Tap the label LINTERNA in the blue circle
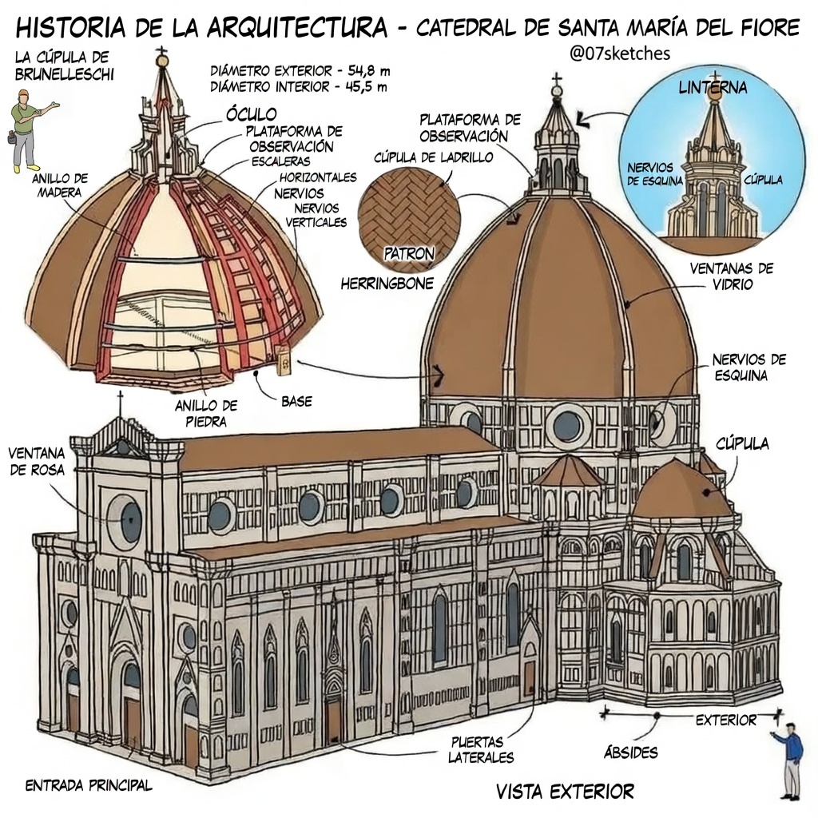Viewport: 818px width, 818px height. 713,88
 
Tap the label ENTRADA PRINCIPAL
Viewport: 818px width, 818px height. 89,785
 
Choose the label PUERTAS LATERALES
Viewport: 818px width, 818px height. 481,749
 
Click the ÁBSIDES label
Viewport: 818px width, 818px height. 631,752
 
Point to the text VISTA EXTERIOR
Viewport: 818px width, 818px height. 565,792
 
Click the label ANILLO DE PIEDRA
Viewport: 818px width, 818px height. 207,413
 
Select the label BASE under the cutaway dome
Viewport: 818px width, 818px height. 296,401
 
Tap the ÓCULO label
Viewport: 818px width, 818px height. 251,114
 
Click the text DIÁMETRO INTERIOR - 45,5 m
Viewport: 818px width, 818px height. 298,86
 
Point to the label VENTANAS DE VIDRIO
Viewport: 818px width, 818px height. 732,276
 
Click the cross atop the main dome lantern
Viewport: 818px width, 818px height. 557,80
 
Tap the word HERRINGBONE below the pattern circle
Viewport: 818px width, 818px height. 387,283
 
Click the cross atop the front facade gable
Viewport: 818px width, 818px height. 121,399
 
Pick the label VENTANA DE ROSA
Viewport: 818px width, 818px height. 37,461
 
